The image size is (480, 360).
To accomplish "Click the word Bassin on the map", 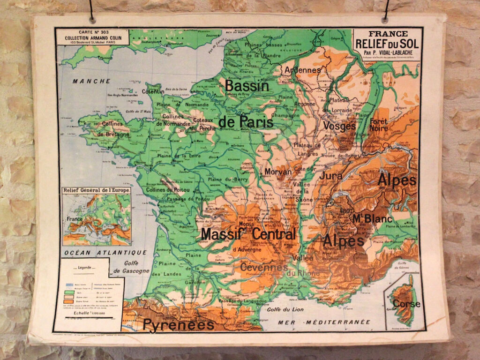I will click(247, 86).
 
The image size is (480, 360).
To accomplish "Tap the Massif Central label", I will click(248, 233).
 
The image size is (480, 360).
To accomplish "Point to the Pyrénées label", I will click(179, 325).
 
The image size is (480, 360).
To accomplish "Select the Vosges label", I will click(339, 126).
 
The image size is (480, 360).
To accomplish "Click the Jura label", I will click(331, 176).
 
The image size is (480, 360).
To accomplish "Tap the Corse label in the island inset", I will click(406, 303).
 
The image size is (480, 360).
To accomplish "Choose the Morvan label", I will click(278, 172).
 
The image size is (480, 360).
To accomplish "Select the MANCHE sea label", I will click(91, 81).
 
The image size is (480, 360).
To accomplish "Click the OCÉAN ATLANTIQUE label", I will click(105, 252).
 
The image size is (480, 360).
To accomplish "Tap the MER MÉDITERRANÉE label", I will click(324, 322).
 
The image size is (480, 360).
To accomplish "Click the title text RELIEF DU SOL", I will click(387, 44).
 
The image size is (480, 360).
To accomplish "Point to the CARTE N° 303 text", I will click(92, 32).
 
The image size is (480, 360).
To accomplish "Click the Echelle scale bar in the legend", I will click(89, 317).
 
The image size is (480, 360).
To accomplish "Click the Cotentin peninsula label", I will click(153, 92).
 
